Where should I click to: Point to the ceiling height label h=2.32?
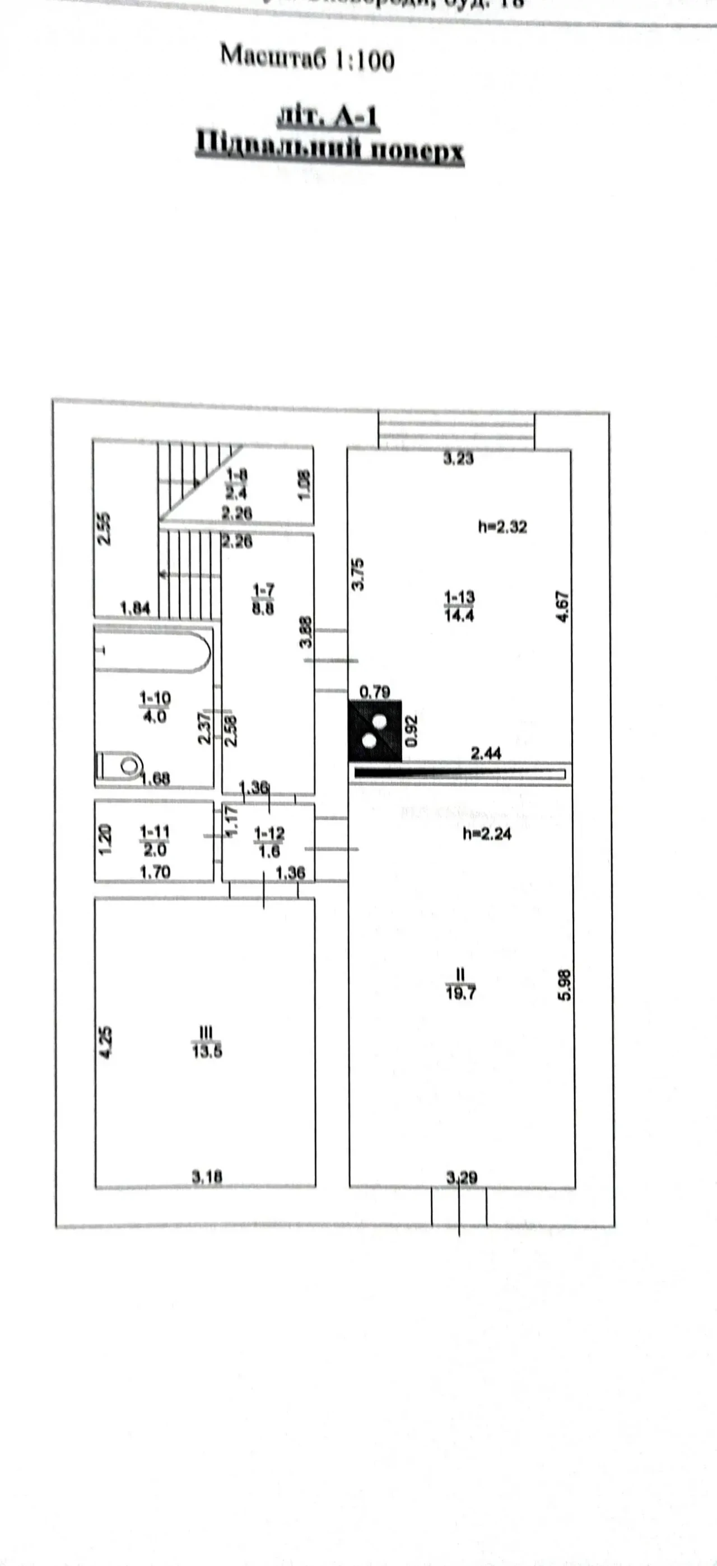coord(502,526)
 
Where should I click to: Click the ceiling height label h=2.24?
coord(487,834)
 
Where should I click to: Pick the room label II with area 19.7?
coord(460,984)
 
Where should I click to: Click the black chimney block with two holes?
coord(375,731)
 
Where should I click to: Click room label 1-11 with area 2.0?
coord(155,840)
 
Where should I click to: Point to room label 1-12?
coord(269,842)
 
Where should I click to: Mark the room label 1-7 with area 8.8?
coord(263,599)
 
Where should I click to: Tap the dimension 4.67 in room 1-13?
coord(562,606)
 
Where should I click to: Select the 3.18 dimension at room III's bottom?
coord(207,1177)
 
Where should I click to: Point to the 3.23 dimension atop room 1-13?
coord(458,459)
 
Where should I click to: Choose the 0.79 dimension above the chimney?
coord(375,692)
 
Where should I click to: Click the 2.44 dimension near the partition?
coord(486,754)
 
